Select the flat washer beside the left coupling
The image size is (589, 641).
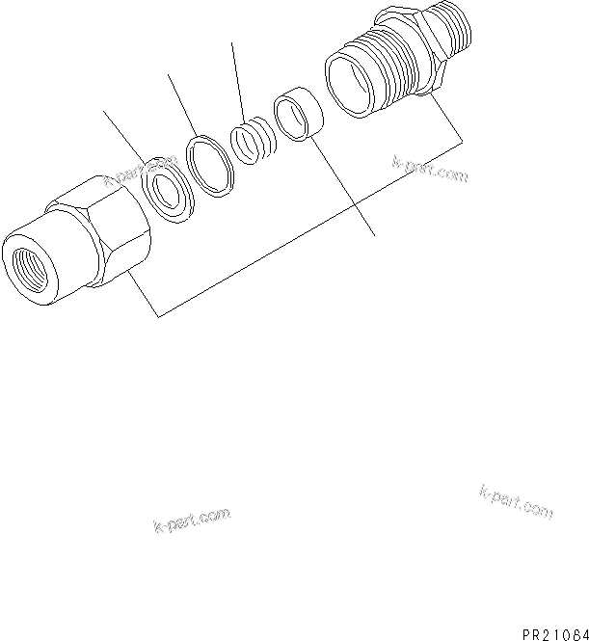click(x=167, y=192)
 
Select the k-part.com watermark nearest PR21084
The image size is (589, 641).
click(x=515, y=500)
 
